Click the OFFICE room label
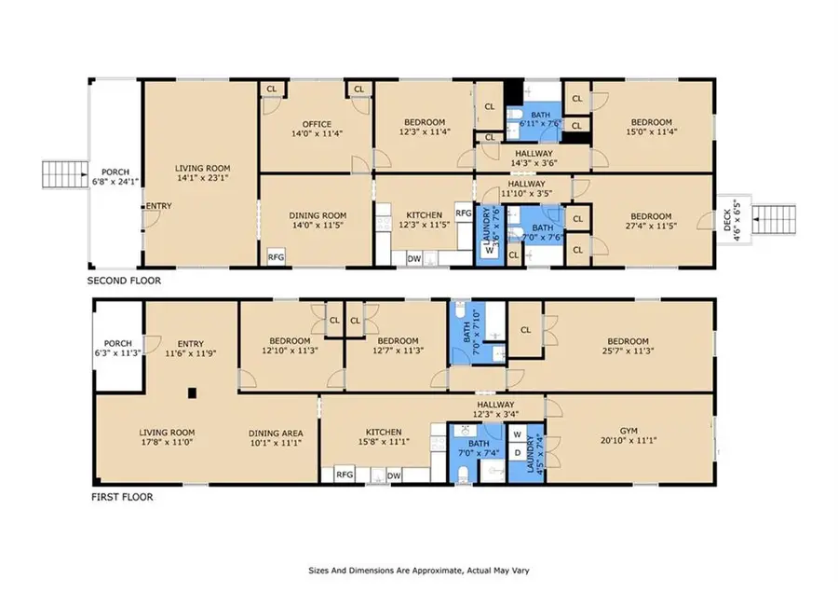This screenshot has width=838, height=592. (x=317, y=124)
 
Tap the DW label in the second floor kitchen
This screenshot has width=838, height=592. (x=414, y=259)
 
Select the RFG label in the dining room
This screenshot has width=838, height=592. (x=276, y=257)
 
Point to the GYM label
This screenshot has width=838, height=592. (x=628, y=431)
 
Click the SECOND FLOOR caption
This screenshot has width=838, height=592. (x=124, y=281)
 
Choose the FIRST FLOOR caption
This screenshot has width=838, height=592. (x=122, y=497)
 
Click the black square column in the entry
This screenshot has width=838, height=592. (x=193, y=393)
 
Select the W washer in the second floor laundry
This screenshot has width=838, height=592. (x=489, y=250)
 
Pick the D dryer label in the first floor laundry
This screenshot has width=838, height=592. (x=517, y=453)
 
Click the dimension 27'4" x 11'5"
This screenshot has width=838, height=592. (x=651, y=226)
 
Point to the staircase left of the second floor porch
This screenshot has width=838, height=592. (x=65, y=174)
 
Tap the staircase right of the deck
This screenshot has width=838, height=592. (x=774, y=219)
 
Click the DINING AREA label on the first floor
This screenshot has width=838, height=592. (x=276, y=433)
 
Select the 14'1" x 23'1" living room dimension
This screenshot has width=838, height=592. (x=202, y=178)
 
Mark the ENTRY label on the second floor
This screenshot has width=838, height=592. (x=158, y=206)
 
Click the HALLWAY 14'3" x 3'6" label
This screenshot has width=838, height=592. (x=534, y=158)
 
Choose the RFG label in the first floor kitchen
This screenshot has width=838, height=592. (x=345, y=475)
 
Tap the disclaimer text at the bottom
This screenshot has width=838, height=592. (x=419, y=571)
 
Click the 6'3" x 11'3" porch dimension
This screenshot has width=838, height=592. (x=117, y=352)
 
